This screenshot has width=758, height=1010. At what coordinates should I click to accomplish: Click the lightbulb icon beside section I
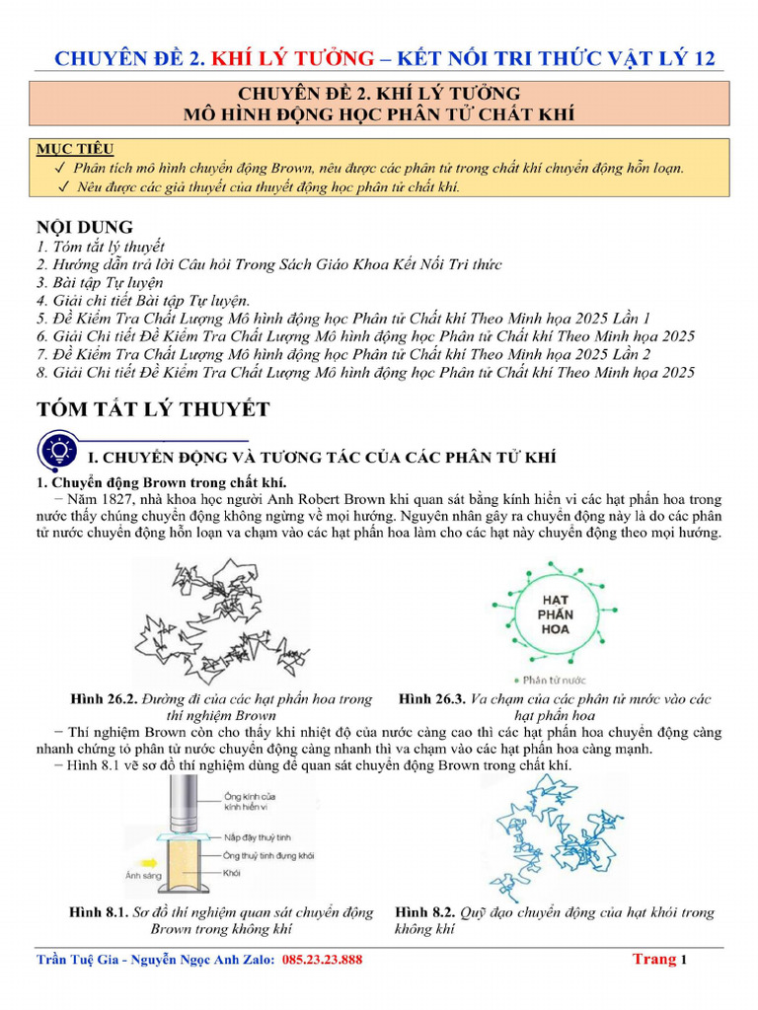coord(58,453)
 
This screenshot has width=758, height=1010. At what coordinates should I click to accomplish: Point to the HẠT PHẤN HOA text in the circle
coord(557,613)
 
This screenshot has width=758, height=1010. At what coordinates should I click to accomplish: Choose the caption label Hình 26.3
coord(431,699)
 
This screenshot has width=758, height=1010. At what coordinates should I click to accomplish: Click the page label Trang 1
coord(658,959)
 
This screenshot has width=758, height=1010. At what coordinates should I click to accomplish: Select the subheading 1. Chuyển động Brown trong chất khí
coord(161,481)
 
